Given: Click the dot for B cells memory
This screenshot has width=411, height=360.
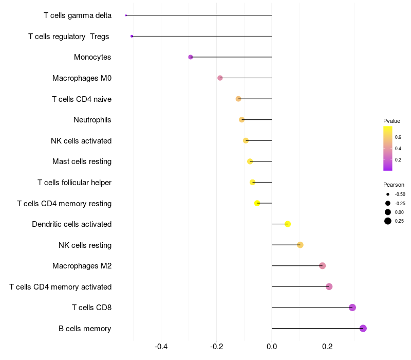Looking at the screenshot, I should (363, 328).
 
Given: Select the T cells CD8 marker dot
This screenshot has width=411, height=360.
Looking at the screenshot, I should (352, 308).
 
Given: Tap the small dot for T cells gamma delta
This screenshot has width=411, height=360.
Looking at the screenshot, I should (126, 15).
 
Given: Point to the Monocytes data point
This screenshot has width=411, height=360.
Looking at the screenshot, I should (191, 57).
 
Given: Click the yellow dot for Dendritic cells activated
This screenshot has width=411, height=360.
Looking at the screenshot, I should (288, 224).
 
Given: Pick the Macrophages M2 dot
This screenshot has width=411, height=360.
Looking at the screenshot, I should (322, 266).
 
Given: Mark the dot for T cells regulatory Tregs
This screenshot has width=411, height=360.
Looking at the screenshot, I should (132, 36).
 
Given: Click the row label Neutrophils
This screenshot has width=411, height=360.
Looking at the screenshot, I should (92, 120).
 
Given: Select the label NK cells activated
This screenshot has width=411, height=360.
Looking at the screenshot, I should (81, 141).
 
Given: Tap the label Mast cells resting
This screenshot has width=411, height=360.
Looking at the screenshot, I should (82, 161).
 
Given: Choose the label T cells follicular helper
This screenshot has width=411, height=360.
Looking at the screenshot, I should (74, 183).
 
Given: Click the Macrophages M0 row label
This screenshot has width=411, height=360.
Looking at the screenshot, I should (82, 78).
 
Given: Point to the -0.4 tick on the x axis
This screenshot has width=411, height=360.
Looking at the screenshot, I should (161, 346).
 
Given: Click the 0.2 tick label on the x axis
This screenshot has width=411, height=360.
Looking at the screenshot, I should (327, 346).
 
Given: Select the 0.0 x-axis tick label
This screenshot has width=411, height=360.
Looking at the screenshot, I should (272, 346).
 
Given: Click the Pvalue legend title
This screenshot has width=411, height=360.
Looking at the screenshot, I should (391, 121).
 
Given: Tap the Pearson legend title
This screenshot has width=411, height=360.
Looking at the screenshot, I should (394, 185).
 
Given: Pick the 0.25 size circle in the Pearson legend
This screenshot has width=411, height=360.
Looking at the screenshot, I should (387, 221).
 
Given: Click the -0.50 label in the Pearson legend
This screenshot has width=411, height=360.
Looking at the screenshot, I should (400, 194).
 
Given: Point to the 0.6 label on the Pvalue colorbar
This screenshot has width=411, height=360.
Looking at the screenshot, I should (398, 137).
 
